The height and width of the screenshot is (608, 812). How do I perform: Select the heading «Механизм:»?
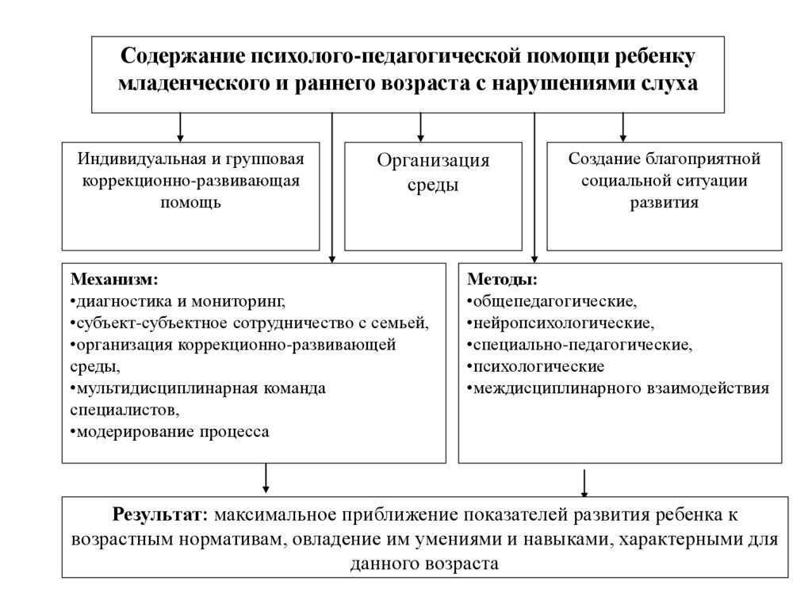114,280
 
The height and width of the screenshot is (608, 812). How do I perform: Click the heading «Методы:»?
501,280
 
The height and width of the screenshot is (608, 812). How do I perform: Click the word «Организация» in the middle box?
433,161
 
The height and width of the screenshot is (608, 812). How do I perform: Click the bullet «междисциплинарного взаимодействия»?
619,388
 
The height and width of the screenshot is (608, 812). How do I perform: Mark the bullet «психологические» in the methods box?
536,367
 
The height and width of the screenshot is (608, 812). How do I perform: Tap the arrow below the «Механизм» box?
266,477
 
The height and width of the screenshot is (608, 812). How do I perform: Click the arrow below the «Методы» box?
585,480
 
